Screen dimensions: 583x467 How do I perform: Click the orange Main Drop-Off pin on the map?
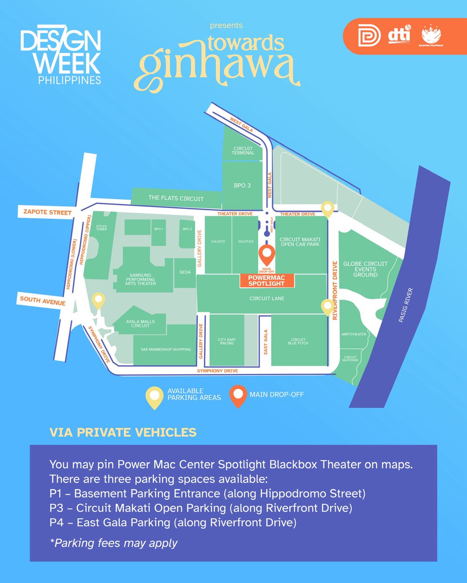[266, 253]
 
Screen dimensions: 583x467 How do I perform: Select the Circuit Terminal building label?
[244, 151]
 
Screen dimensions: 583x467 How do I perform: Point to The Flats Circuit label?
[176, 198]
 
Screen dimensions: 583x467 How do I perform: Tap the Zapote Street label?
[44, 212]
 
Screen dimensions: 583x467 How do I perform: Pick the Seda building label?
[185, 273]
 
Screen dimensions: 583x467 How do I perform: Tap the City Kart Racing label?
[227, 341]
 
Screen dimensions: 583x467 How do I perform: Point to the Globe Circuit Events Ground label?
[365, 269]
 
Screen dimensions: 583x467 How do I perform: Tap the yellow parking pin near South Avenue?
[99, 300]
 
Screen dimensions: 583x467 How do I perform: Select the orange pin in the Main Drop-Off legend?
[238, 395]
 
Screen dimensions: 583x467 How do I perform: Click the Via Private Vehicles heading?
[123, 432]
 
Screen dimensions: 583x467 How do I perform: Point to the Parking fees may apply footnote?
[113, 543]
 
